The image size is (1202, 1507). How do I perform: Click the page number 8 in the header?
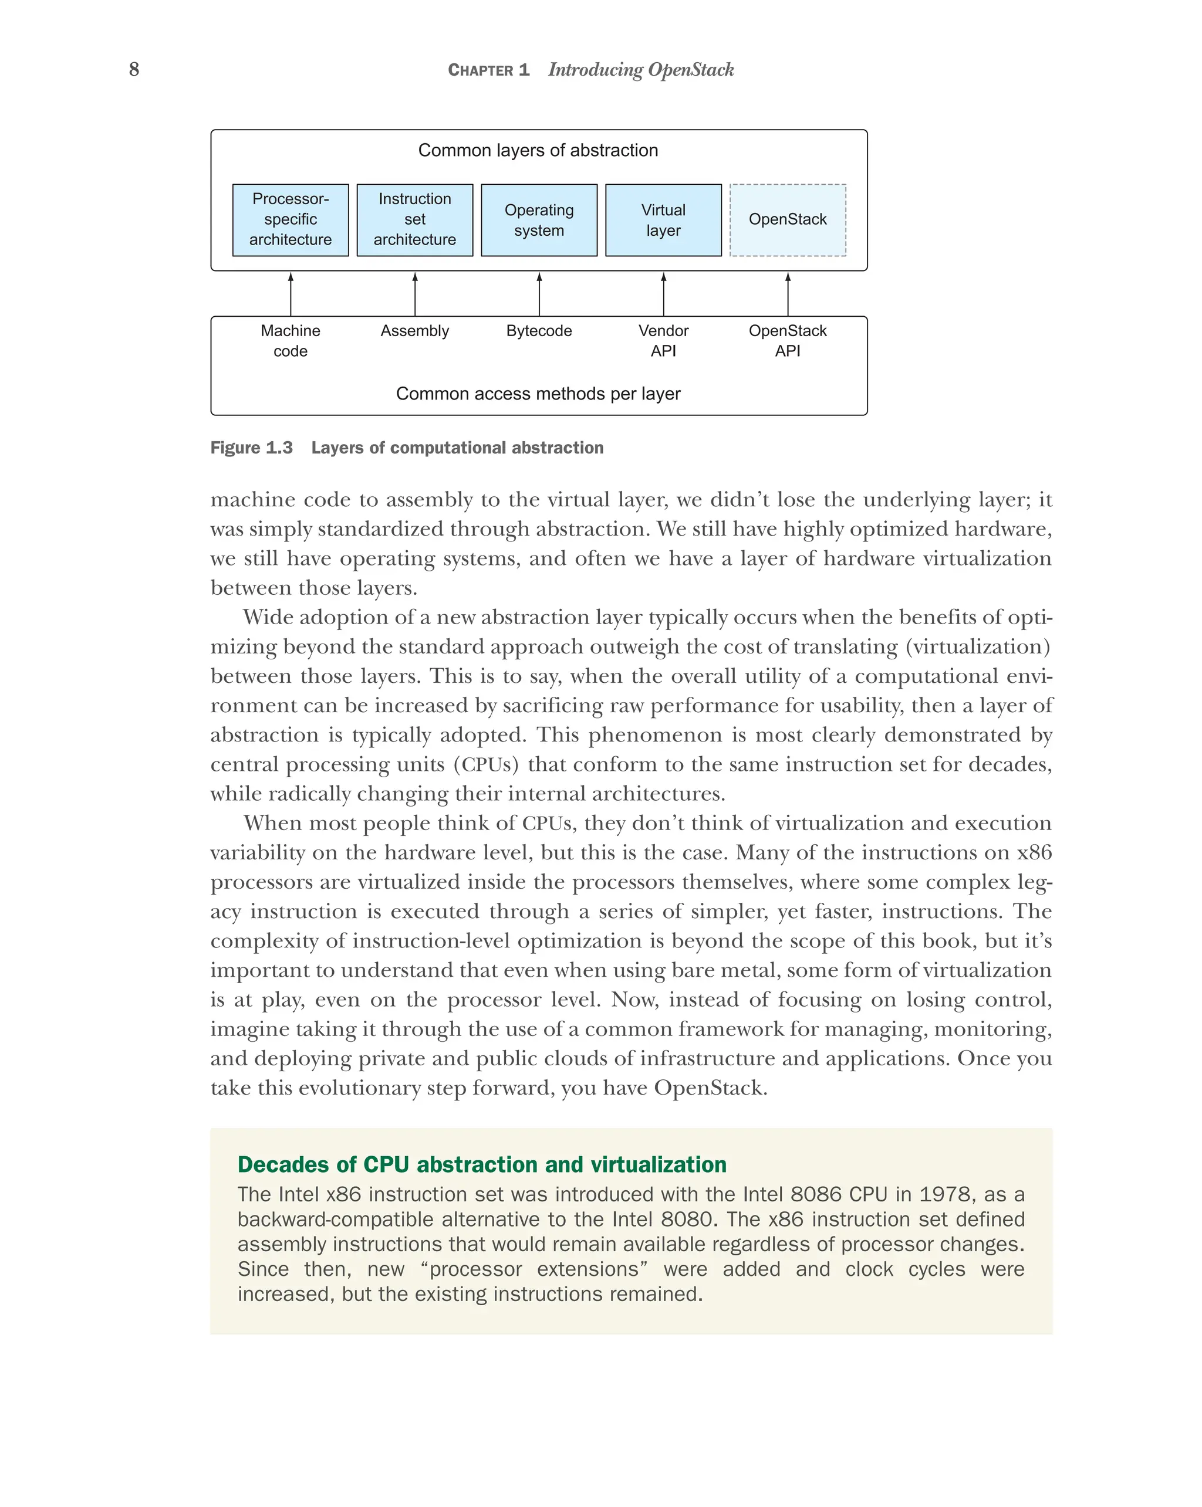pyautogui.click(x=134, y=69)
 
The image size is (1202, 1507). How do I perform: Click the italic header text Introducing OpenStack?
pyautogui.click(x=640, y=70)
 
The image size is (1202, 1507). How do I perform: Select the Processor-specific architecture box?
pyautogui.click(x=290, y=219)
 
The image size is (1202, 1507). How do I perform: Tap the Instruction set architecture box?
pyautogui.click(x=414, y=219)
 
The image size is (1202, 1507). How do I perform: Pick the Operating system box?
pyautogui.click(x=538, y=219)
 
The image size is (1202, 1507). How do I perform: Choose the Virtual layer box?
pyautogui.click(x=663, y=219)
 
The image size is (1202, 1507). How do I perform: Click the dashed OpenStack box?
pyautogui.click(x=788, y=219)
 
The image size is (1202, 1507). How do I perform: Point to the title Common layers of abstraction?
pyautogui.click(x=538, y=150)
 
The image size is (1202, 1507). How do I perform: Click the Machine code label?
pyautogui.click(x=290, y=340)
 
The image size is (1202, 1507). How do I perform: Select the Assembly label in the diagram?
pyautogui.click(x=414, y=331)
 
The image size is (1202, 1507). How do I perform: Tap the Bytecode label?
pyautogui.click(x=538, y=331)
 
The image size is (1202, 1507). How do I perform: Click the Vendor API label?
pyautogui.click(x=663, y=340)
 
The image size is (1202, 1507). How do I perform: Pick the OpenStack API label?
pyautogui.click(x=788, y=340)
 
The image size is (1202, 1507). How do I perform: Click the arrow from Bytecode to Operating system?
pyautogui.click(x=539, y=294)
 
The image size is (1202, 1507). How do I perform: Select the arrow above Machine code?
pyautogui.click(x=291, y=294)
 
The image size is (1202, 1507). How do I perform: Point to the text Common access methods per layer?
pyautogui.click(x=538, y=394)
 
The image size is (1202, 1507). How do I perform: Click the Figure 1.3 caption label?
pyautogui.click(x=251, y=448)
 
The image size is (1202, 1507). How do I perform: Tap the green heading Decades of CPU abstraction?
pyautogui.click(x=481, y=1164)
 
